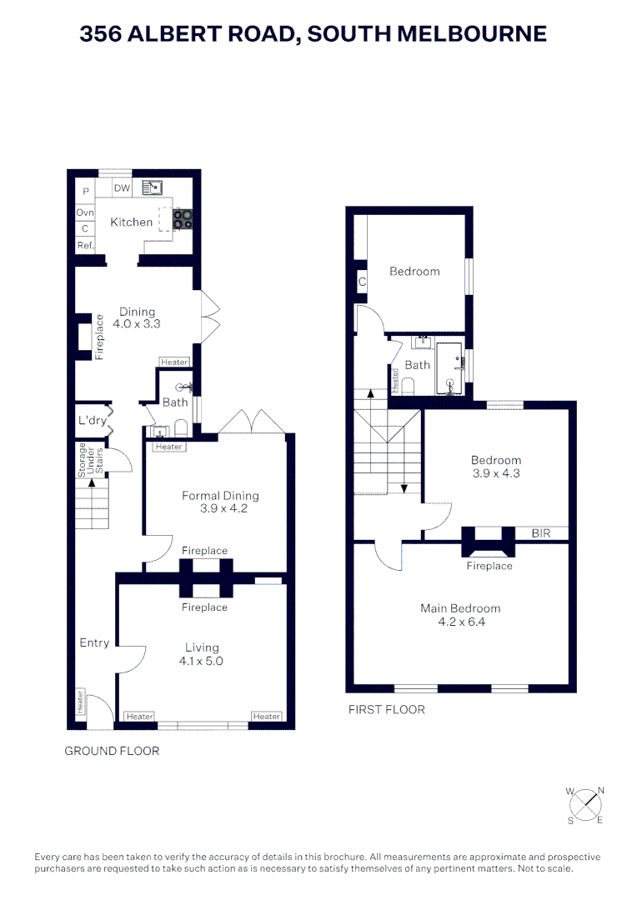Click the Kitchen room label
point(132,222)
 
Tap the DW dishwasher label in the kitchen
point(122,188)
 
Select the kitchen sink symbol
point(151,187)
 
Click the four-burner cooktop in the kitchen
point(183,218)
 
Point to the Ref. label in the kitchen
point(85,245)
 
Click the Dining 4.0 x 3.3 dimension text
point(136,323)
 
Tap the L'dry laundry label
point(92,421)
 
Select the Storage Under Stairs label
point(90,459)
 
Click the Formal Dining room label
point(220,496)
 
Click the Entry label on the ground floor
point(94,642)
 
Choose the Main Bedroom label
point(460,608)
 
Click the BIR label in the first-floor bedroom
point(540,532)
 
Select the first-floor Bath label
point(417,365)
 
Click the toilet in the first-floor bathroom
point(408,386)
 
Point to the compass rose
point(587,804)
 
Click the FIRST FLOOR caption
point(386,710)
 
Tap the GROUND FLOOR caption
point(112,751)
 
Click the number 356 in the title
point(103,33)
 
